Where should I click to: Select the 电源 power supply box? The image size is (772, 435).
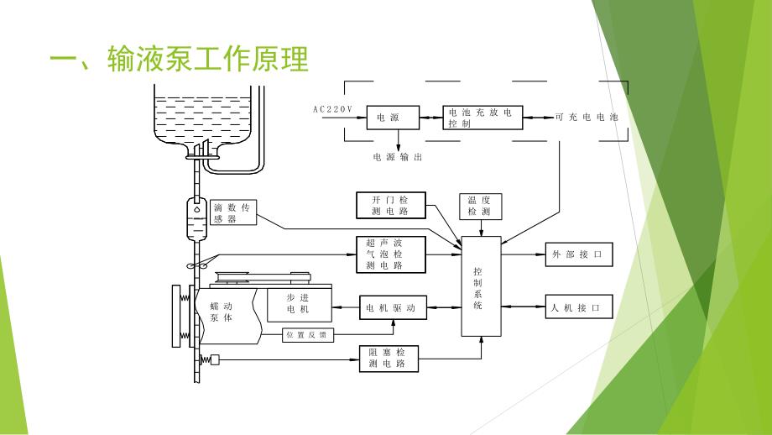[x=391, y=118]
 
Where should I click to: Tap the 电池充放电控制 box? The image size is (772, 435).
[x=482, y=118]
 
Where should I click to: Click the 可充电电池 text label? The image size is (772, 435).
[x=587, y=118]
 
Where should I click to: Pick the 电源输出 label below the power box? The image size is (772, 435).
[x=399, y=156]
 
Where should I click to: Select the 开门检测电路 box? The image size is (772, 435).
[x=391, y=205]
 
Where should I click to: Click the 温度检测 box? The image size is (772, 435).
[x=480, y=206]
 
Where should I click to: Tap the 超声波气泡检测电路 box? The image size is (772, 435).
[x=391, y=253]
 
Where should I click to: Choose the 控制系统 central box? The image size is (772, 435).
[x=480, y=287]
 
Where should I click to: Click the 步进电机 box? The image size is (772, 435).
[x=300, y=304]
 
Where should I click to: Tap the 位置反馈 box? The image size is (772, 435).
[x=308, y=336]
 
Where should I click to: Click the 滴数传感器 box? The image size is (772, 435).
[x=232, y=213]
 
